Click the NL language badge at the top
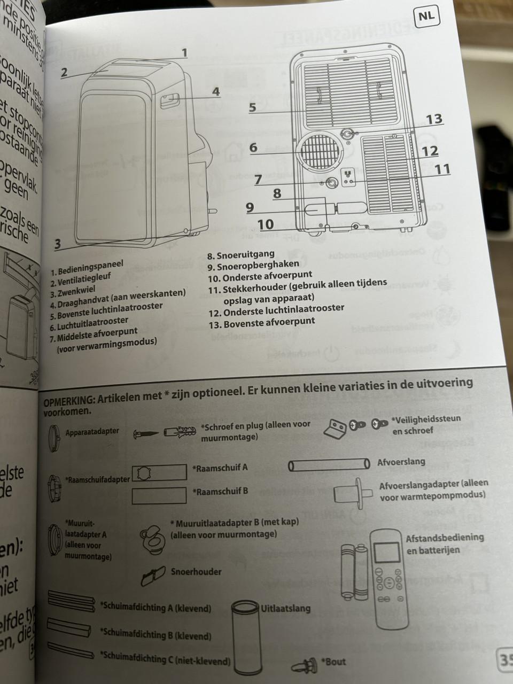(x=426, y=15)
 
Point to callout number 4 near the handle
(x=215, y=91)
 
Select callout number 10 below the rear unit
(x=266, y=224)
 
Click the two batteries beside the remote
(x=353, y=571)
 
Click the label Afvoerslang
(x=401, y=462)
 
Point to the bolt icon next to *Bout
(x=305, y=666)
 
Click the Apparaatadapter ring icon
(x=54, y=432)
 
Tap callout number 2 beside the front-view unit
(x=64, y=73)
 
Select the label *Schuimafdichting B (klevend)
(x=155, y=634)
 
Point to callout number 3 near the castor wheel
(x=58, y=244)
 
